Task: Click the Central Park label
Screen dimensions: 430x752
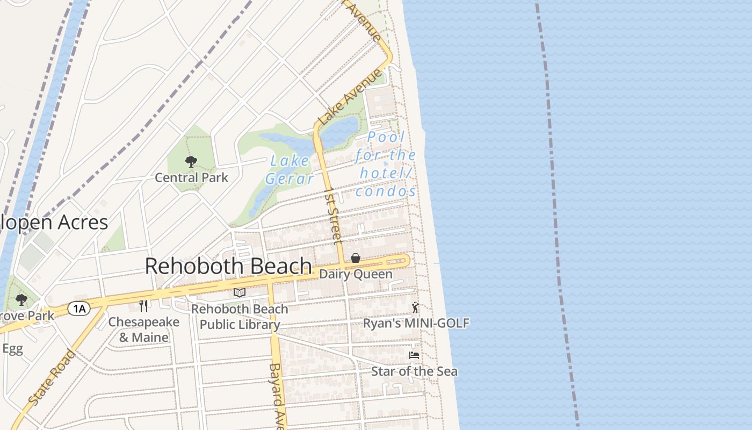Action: (x=191, y=177)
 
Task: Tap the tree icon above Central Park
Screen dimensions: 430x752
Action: (x=191, y=162)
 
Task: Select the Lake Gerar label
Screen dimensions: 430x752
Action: (x=290, y=170)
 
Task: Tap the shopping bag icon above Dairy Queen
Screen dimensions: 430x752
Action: (x=356, y=259)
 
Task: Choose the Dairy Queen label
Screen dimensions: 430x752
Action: (x=356, y=274)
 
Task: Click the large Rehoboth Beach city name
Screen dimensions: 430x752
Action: (x=228, y=266)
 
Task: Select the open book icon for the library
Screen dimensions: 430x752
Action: (x=240, y=293)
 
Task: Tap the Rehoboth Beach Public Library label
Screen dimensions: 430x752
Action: (x=240, y=317)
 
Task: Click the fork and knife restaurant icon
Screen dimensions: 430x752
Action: (x=143, y=306)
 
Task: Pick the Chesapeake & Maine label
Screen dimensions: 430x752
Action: (x=143, y=329)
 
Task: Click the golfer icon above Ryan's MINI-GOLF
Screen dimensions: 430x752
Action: (x=415, y=308)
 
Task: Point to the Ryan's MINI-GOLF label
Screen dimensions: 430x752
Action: (x=416, y=323)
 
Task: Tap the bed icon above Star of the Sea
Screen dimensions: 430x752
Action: (x=414, y=355)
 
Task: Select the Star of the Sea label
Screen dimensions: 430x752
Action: (x=414, y=371)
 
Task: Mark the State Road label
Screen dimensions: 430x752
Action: (x=52, y=377)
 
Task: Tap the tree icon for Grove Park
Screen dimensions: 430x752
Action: (x=21, y=300)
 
